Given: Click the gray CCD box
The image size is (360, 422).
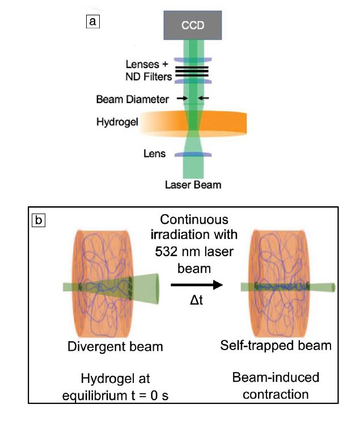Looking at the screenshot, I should click(x=193, y=25).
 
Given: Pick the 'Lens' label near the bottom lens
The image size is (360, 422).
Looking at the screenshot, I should click(x=154, y=154).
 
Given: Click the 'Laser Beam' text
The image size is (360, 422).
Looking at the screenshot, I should click(x=192, y=185).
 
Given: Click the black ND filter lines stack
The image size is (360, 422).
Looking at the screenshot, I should click(x=192, y=71).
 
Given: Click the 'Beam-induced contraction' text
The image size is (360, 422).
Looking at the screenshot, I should click(x=276, y=385).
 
